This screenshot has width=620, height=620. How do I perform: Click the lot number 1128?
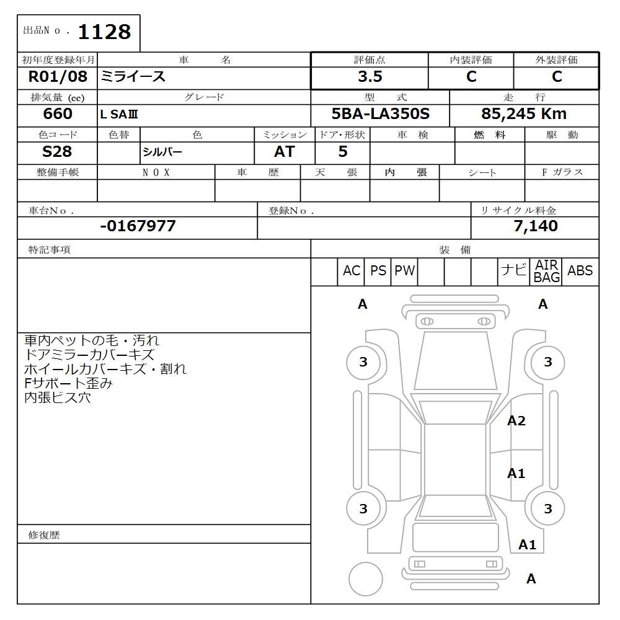pos(104,32)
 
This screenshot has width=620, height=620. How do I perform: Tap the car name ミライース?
pos(133,77)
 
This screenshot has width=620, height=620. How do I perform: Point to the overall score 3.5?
pos(370,77)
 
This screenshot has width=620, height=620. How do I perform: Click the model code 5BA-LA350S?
pos(381,114)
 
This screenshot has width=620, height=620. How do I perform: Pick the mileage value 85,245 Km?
pos(524,114)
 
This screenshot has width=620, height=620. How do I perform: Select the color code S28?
pos(57,151)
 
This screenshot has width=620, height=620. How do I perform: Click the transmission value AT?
pos(284,152)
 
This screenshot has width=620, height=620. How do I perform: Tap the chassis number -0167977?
pos(138,226)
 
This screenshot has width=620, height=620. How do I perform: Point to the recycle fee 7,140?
pos(535,226)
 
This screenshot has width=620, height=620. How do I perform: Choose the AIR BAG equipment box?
pos(547,272)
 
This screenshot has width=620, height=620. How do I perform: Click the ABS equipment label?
pos(580,271)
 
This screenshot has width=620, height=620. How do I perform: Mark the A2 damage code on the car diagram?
pos(516,421)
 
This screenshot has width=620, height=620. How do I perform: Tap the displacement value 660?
pos(57,114)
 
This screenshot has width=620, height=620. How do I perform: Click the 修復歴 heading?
pos(44,534)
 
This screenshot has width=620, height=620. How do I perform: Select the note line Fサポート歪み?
pos(68,384)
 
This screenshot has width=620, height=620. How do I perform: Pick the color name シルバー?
pos(162,152)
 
